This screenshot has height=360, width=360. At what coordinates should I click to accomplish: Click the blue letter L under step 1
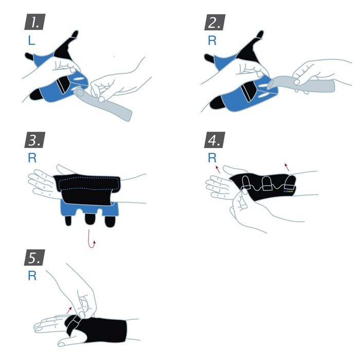tap(31, 41)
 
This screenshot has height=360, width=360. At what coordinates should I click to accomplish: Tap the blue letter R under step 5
tap(32, 276)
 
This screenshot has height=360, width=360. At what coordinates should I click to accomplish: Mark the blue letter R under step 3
tap(32, 158)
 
